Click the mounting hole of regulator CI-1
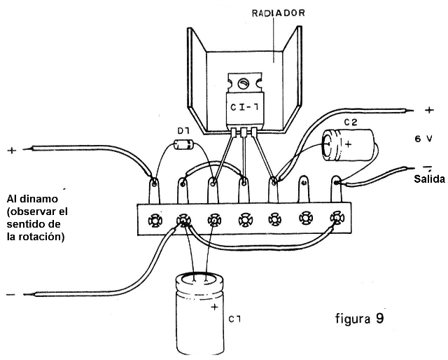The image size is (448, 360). click(x=242, y=83)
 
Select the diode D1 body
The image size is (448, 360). click(x=184, y=146)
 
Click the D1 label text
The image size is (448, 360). click(x=183, y=131)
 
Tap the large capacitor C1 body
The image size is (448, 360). click(x=201, y=315)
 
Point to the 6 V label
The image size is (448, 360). click(x=423, y=139)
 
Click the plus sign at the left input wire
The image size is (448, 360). click(x=11, y=150)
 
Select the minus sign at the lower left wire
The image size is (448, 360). click(x=10, y=295)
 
